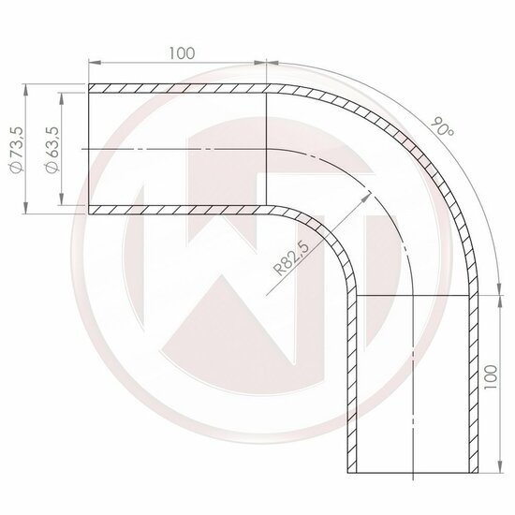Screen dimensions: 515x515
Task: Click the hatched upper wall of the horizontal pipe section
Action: pos(178,88)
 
